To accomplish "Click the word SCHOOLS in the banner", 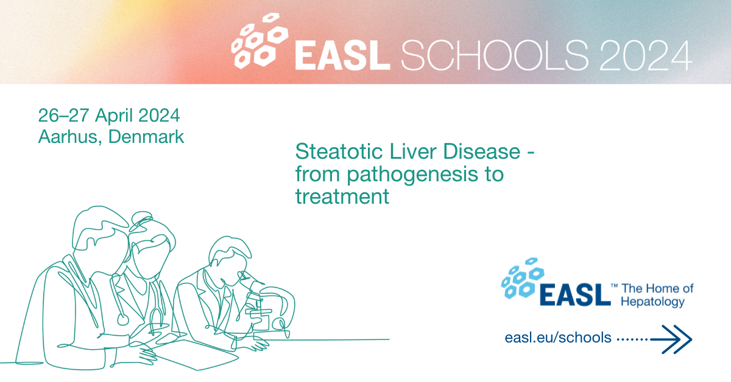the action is click(495, 55).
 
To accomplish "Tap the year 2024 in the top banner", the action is click(646, 55).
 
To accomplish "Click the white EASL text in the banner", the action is click(342, 55).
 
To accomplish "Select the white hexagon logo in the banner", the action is click(260, 41).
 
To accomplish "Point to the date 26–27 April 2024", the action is click(109, 116).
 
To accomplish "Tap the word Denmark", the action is click(146, 136).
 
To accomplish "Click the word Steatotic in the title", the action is click(339, 151).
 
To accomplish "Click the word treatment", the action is click(342, 196).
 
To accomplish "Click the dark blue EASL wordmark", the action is click(575, 294).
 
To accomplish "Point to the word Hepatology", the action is click(652, 302).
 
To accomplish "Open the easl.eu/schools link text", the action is click(558, 338).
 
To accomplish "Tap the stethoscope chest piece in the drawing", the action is click(123, 319).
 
